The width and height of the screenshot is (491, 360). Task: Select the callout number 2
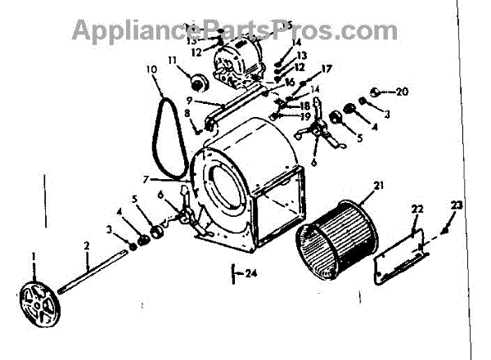point(86,245)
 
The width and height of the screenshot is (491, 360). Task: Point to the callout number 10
point(151,70)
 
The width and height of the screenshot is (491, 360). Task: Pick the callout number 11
point(173,60)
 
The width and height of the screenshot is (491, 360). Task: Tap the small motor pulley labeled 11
point(196,82)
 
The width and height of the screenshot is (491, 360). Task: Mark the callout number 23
point(456,205)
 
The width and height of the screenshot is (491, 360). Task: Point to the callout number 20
point(402,91)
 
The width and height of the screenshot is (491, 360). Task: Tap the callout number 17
point(326,69)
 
